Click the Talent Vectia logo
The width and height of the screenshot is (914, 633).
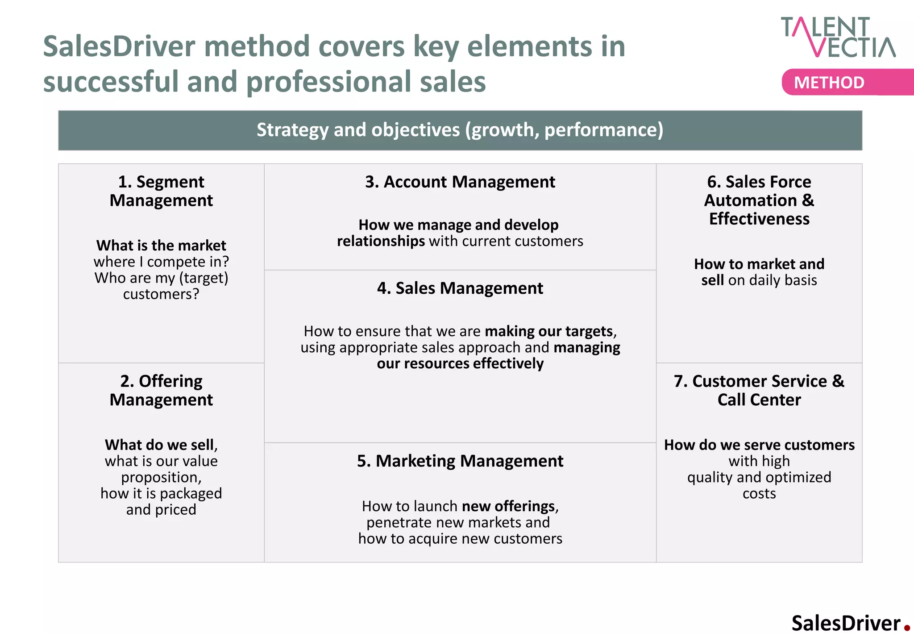838,37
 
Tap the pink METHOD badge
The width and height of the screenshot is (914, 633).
829,83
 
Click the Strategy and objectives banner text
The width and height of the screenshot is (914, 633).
460,130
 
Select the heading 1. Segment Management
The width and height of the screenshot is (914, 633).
161,191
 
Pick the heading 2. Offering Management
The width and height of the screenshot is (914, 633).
161,390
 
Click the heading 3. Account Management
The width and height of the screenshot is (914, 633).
460,182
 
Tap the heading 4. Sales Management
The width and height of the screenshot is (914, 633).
460,288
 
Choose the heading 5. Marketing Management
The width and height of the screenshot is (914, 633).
460,461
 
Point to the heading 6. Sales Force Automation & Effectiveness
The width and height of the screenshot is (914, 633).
759,200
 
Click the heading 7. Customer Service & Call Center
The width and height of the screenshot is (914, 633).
759,390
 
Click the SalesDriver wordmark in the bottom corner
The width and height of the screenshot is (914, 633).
846,623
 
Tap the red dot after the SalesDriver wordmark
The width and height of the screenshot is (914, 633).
907,628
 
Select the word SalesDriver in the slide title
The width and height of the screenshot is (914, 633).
119,46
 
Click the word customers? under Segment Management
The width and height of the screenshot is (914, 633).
161,294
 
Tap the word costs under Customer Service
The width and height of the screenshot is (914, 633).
759,494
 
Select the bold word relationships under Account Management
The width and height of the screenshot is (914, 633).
381,241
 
